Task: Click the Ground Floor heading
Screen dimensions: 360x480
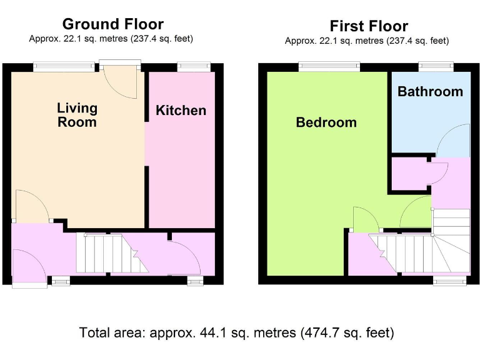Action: tap(113, 24)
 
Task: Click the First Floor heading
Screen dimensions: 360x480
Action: tap(369, 26)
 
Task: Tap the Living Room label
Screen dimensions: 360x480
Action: tap(77, 114)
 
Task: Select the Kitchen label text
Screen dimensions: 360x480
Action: tap(181, 111)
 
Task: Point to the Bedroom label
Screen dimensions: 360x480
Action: tap(326, 122)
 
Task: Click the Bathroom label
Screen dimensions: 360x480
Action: tap(430, 92)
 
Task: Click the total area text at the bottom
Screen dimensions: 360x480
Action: tap(237, 332)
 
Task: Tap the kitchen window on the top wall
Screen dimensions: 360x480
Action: tap(193, 66)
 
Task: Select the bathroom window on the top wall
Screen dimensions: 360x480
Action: tap(435, 66)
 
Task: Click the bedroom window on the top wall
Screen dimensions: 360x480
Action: tap(329, 66)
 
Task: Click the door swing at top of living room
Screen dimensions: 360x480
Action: tap(121, 83)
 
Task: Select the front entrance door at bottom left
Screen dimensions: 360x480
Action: tap(28, 267)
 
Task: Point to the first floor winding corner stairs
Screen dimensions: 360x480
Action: tap(451, 244)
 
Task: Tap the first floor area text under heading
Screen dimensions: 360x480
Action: tap(367, 41)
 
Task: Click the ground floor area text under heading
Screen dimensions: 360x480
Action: tap(111, 39)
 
